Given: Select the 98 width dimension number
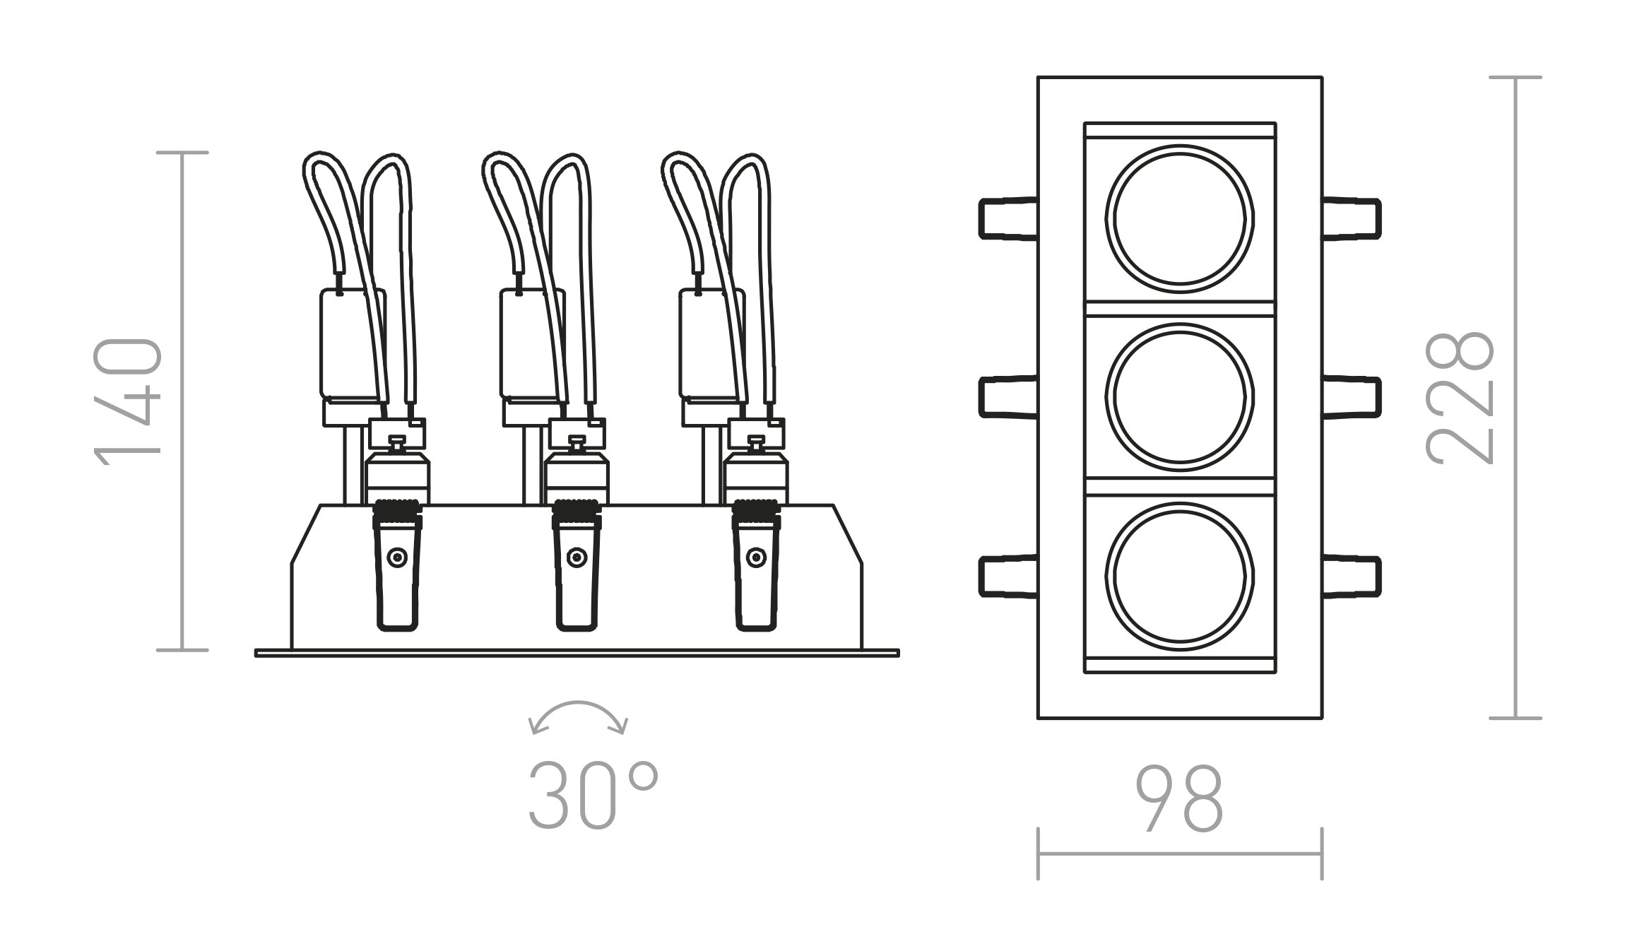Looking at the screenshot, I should tap(1179, 798).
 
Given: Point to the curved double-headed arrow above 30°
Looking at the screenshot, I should tap(578, 716).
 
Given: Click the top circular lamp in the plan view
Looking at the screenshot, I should tap(1179, 218).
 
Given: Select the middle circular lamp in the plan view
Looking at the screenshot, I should tap(1179, 396).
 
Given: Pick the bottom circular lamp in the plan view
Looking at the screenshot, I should tap(1179, 575).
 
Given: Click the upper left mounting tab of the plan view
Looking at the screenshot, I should tap(1007, 218).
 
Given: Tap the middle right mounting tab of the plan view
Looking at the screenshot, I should tap(1352, 397).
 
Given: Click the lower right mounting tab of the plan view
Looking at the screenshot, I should tap(1352, 577).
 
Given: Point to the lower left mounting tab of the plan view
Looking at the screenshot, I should tap(1007, 577).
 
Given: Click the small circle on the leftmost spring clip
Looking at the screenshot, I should tap(397, 558).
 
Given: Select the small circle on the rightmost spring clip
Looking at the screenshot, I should tap(756, 558).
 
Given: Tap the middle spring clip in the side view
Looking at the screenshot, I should tap(577, 572).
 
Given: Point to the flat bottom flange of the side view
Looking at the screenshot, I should tap(577, 654).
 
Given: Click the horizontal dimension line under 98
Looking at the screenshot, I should tap(1179, 854).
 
